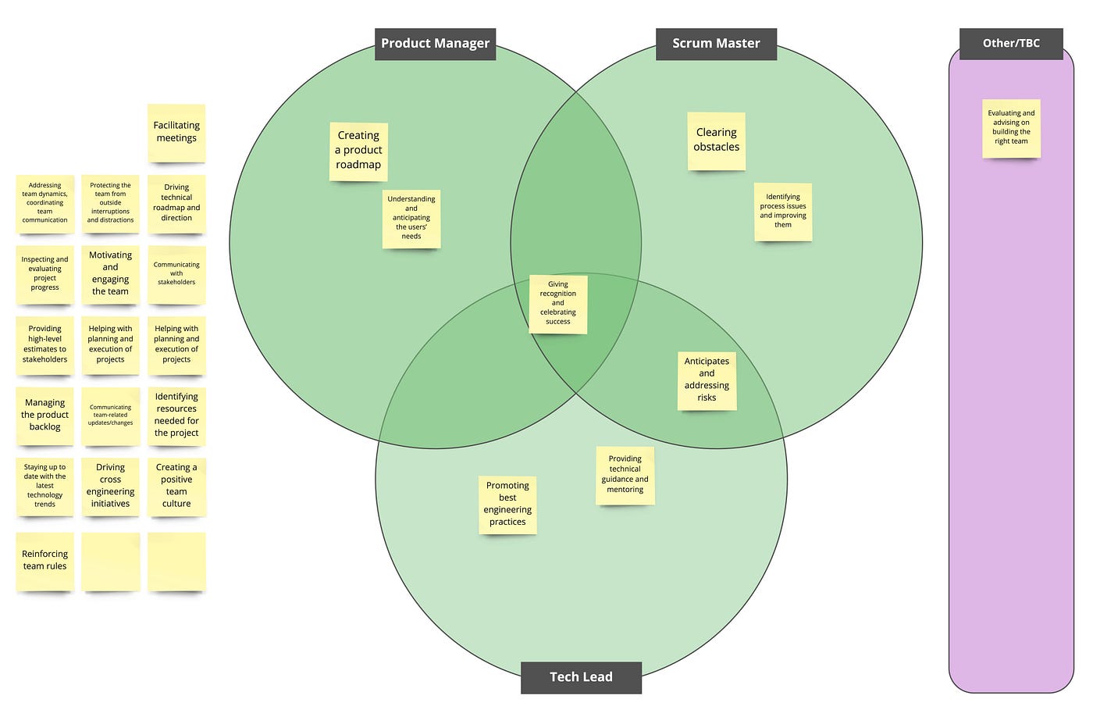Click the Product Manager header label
click(435, 44)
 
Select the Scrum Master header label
click(716, 44)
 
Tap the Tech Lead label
click(581, 677)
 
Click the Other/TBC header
click(1011, 43)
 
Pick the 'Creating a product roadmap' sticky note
click(358, 151)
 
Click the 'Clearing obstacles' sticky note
click(716, 141)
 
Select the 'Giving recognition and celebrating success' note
click(557, 304)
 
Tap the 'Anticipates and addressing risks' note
click(707, 380)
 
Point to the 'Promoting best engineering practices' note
click(507, 505)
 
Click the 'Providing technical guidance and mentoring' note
click(625, 475)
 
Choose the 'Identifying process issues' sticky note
click(783, 212)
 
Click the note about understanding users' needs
click(411, 219)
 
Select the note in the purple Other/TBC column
click(1011, 128)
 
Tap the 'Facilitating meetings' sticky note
click(176, 133)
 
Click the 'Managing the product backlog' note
click(45, 416)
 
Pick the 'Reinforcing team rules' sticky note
click(45, 561)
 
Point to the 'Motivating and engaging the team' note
click(110, 274)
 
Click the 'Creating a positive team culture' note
click(176, 487)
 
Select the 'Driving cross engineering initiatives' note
click(110, 487)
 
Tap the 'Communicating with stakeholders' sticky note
click(176, 274)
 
